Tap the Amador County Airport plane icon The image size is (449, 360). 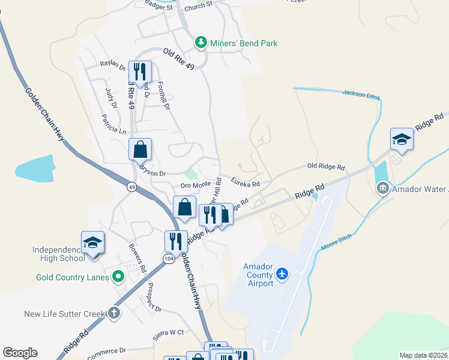(x=283, y=274)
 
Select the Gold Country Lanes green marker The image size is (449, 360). (x=118, y=277)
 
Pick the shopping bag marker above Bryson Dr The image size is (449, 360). (x=140, y=149)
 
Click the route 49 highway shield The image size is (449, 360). (x=131, y=187)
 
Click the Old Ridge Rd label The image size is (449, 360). (x=326, y=166)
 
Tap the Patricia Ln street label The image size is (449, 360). (x=114, y=124)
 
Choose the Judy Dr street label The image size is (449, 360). (x=109, y=97)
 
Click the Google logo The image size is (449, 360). (x=20, y=353)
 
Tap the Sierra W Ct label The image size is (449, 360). (x=168, y=332)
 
